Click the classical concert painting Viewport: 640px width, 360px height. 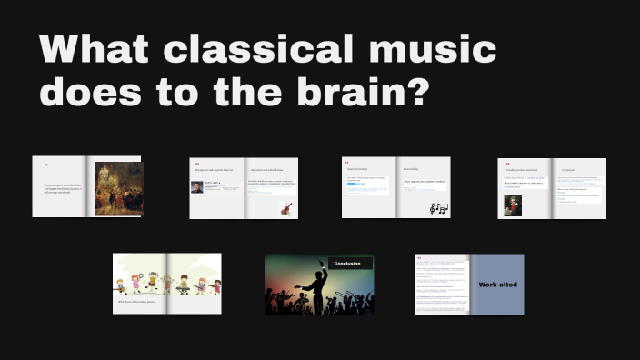coord(118,186)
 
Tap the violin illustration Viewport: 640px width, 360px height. coord(286,208)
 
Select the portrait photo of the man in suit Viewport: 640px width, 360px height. coord(197,187)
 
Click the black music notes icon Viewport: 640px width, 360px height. coord(438,209)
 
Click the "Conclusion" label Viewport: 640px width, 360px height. coord(347,264)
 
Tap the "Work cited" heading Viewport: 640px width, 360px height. coord(497,285)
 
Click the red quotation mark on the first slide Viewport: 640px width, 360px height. coord(46,165)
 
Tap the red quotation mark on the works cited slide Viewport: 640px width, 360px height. coord(419,258)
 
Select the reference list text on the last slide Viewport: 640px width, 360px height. coord(442,287)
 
